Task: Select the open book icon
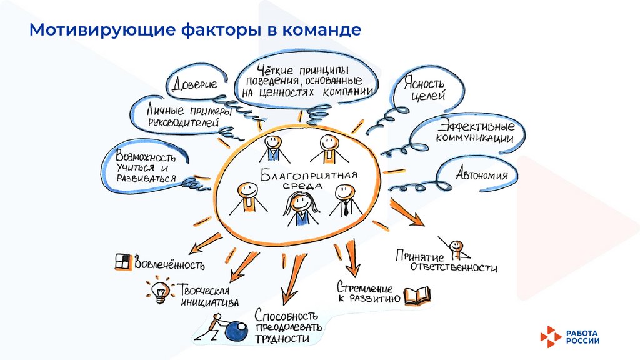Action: (x=417, y=295)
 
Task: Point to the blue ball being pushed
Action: (x=236, y=331)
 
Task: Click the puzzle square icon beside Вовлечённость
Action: (x=122, y=261)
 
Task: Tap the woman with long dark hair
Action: (x=301, y=208)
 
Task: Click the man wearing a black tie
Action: (x=342, y=199)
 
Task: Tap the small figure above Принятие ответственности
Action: (x=457, y=247)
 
